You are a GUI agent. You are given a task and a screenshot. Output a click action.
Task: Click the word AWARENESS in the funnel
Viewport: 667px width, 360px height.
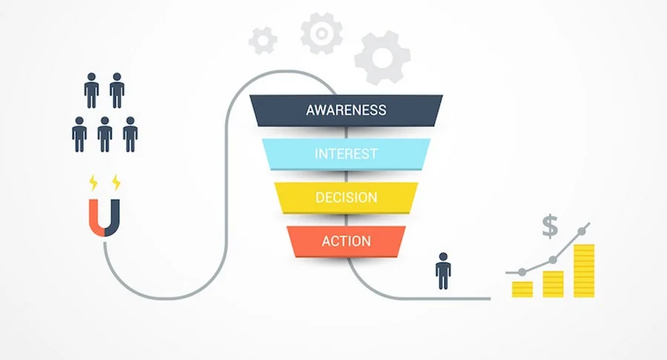(x=346, y=110)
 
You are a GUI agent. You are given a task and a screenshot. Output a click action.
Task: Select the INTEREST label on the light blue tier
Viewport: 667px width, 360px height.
(x=346, y=153)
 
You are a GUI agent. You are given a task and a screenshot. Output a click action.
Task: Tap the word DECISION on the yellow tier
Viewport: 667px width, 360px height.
(x=346, y=197)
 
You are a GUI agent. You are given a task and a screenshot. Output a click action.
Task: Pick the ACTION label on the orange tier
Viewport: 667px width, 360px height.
(x=346, y=241)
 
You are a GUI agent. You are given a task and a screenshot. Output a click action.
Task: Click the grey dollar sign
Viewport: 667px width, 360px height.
(x=550, y=227)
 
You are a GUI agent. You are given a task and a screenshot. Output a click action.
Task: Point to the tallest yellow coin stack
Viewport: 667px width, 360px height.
(x=584, y=271)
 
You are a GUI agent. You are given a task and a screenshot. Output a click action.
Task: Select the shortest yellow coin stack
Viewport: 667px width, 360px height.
(x=522, y=289)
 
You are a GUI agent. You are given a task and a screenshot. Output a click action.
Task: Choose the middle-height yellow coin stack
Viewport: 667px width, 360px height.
(x=553, y=284)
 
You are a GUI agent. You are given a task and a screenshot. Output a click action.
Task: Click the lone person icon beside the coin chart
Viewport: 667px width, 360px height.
(x=443, y=271)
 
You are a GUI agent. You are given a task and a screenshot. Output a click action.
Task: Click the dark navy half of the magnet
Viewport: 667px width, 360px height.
(x=114, y=221)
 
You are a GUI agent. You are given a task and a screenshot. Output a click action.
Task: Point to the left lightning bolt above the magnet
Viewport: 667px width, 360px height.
(x=93, y=183)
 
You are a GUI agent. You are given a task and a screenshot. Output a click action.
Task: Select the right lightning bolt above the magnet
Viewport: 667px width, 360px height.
(x=116, y=183)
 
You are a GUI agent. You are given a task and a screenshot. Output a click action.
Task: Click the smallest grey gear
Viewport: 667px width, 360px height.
(x=263, y=41)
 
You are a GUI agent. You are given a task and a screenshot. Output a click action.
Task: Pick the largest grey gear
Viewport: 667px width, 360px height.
(x=382, y=57)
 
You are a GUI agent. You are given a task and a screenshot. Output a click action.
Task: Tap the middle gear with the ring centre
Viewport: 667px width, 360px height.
(x=322, y=33)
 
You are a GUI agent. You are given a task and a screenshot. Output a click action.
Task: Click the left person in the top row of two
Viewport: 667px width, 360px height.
(x=91, y=90)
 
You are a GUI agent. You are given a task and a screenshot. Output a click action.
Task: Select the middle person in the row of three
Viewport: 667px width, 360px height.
(x=104, y=134)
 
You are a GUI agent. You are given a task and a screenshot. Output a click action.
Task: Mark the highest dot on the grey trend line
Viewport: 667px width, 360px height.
(x=582, y=231)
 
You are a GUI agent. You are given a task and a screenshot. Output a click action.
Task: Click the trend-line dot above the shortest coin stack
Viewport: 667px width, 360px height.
(x=522, y=272)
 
